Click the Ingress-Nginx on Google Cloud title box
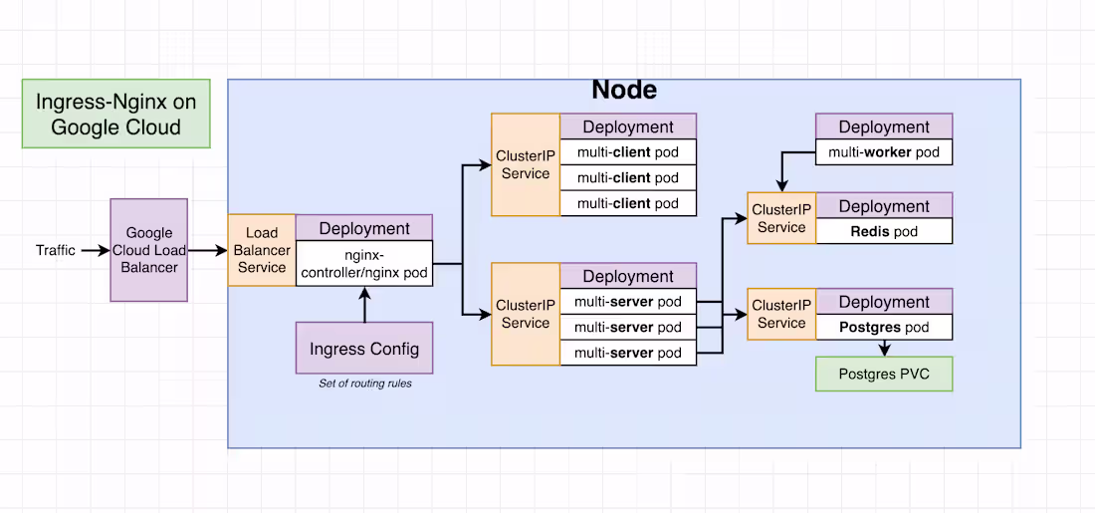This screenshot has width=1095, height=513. (x=115, y=115)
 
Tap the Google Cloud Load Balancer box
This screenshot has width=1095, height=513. (x=148, y=250)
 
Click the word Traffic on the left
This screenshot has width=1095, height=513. (x=56, y=250)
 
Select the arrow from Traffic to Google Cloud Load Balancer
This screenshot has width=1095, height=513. (x=94, y=250)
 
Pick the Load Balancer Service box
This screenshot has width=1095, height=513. (x=262, y=250)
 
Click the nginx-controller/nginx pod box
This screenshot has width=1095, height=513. (x=364, y=264)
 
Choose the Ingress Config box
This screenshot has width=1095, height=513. (x=364, y=349)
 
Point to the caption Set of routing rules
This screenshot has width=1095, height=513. (x=364, y=384)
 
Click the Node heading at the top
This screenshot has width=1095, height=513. (x=624, y=90)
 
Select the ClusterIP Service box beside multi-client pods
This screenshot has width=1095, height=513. (x=526, y=165)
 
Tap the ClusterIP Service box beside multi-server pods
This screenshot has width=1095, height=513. (x=526, y=314)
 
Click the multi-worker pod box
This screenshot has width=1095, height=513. (x=884, y=152)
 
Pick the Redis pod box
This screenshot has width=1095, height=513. (x=884, y=231)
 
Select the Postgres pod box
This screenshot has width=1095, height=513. (x=884, y=327)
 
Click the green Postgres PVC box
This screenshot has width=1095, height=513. (x=884, y=375)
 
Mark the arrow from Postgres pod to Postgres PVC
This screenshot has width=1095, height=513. (x=884, y=348)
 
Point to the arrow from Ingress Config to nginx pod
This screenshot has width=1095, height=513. (x=364, y=304)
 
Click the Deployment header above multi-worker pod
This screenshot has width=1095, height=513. (x=884, y=127)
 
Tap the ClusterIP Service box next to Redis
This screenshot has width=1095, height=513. (x=781, y=218)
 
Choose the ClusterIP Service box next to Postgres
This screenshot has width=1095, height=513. (x=781, y=314)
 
